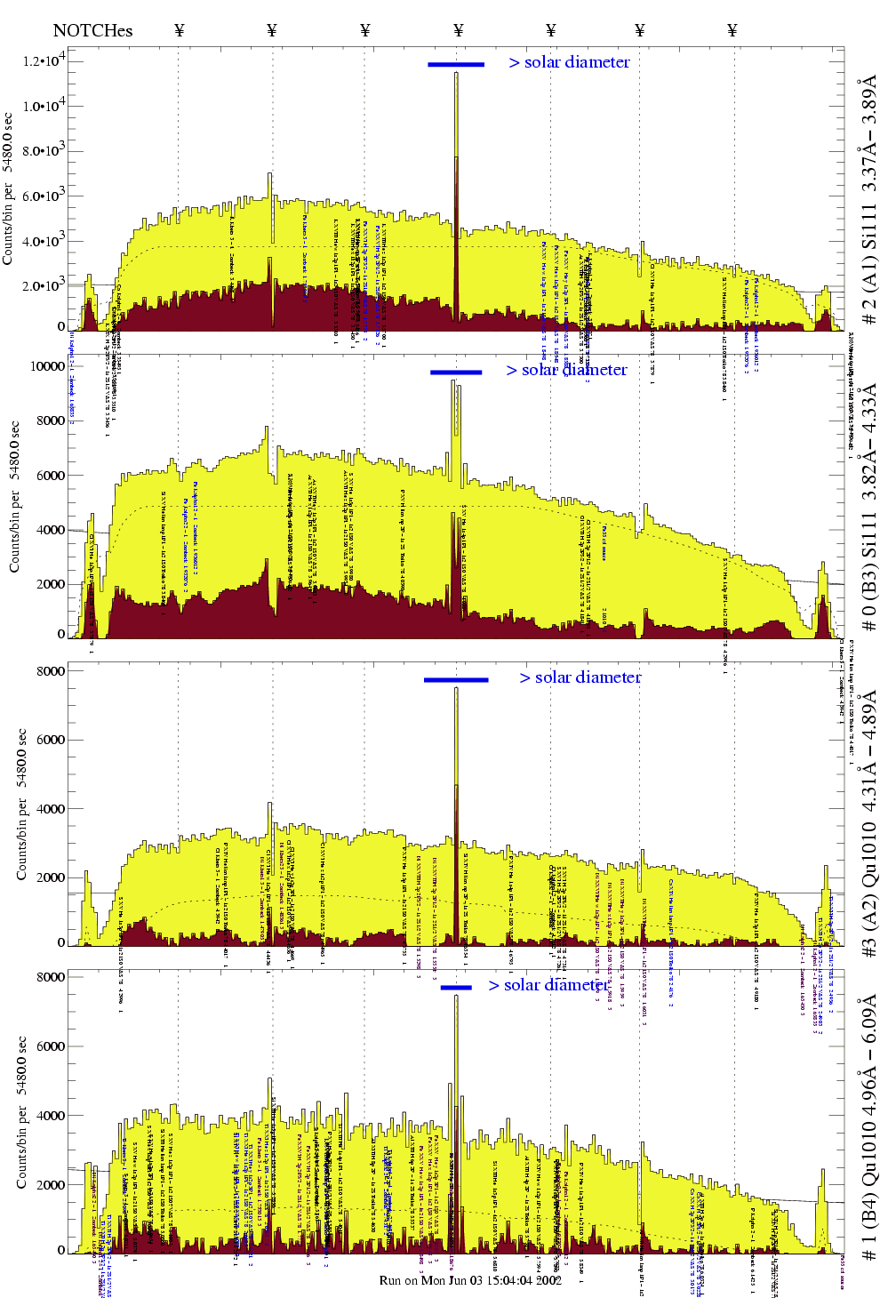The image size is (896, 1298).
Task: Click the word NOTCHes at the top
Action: (x=92, y=30)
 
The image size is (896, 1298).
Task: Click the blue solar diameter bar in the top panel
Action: (x=456, y=64)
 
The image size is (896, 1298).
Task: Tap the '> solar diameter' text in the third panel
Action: (x=580, y=677)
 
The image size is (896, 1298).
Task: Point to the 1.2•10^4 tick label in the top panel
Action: (x=44, y=61)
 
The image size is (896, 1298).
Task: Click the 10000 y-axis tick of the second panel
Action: (x=47, y=366)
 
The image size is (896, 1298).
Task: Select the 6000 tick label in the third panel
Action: (x=50, y=740)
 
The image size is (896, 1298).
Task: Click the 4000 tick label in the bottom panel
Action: (x=50, y=1116)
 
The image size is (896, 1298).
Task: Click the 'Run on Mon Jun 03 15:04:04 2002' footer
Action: (x=470, y=1280)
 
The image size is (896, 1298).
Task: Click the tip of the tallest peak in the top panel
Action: (x=456, y=74)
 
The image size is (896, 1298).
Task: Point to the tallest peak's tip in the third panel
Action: (x=456, y=688)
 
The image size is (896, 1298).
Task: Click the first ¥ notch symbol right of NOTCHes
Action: (x=180, y=30)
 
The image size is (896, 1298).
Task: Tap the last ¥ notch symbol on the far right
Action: (x=732, y=30)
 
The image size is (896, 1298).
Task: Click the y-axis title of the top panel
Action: (x=8, y=188)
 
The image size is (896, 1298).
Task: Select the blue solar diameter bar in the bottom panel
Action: (x=456, y=987)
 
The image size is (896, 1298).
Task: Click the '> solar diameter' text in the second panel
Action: (x=567, y=370)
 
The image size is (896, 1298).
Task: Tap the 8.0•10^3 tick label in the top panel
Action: (x=44, y=151)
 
